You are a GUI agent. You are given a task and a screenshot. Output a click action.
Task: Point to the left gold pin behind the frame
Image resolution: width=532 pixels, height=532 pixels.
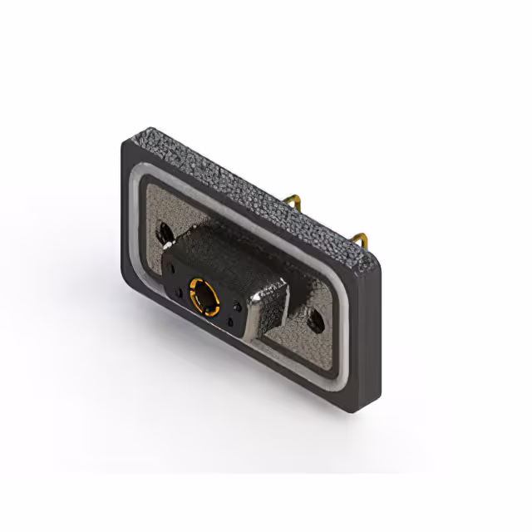(292, 199)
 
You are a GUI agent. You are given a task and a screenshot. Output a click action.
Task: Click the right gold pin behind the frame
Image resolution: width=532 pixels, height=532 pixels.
(360, 240)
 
